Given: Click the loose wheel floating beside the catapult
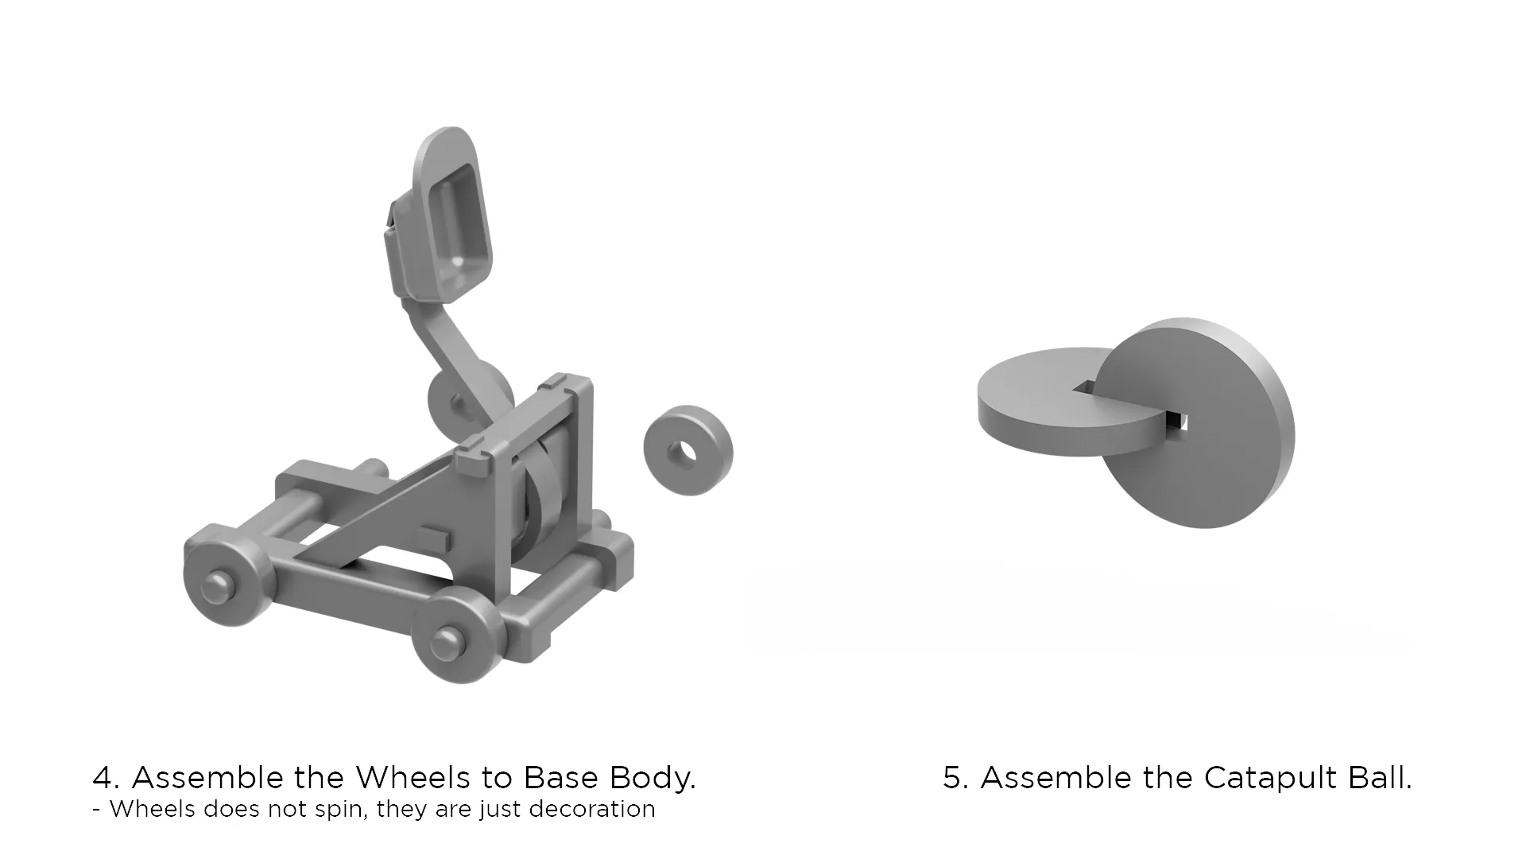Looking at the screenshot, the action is [688, 450].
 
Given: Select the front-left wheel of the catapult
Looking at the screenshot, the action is [225, 574].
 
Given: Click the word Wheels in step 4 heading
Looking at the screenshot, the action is [412, 777].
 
